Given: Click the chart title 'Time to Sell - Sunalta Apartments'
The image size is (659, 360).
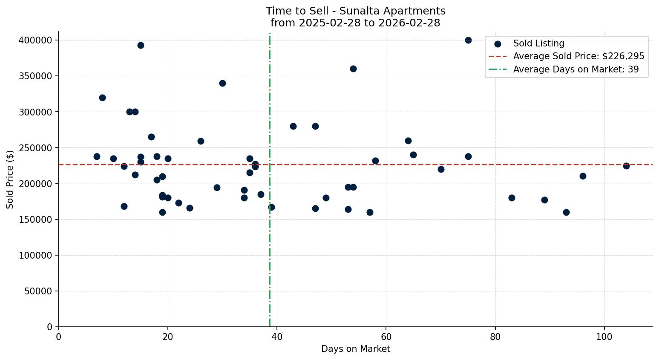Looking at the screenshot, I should (355, 11).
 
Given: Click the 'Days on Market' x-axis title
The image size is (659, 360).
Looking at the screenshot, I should (355, 349).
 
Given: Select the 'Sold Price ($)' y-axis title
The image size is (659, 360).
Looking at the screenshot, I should (10, 179).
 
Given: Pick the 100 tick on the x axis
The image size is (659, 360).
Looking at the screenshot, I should (604, 337).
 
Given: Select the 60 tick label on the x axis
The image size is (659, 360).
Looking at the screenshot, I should (386, 337).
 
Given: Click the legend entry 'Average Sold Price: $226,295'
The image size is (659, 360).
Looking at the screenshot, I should (578, 56).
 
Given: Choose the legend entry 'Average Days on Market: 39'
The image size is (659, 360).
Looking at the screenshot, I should (576, 69).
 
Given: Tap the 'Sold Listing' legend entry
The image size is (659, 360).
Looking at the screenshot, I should (538, 43).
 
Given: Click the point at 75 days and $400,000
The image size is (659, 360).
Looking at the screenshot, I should (468, 40).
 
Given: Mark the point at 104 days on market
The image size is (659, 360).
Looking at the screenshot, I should (626, 166).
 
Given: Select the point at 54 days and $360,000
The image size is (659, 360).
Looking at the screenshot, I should (353, 69).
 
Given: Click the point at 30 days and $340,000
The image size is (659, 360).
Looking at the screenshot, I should (222, 83).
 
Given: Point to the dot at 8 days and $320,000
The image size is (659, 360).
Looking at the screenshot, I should (102, 98).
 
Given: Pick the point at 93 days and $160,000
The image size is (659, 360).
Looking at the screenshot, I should (566, 212).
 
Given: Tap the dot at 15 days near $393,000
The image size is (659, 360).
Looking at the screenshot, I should (141, 45).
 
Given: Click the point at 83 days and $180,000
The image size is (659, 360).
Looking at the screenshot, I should (512, 198).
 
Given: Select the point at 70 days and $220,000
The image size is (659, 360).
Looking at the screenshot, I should (441, 169).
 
